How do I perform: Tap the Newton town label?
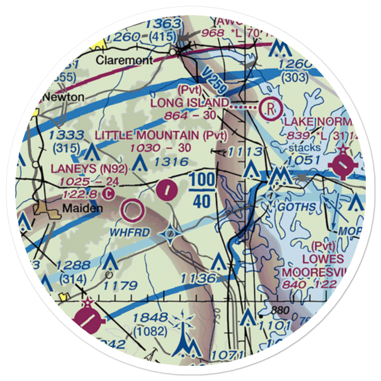(63, 97)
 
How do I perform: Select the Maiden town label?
(77, 208)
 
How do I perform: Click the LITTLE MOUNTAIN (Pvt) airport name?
(161, 135)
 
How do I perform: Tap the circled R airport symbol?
(270, 108)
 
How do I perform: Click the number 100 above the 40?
(202, 179)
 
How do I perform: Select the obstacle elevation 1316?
(171, 162)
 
